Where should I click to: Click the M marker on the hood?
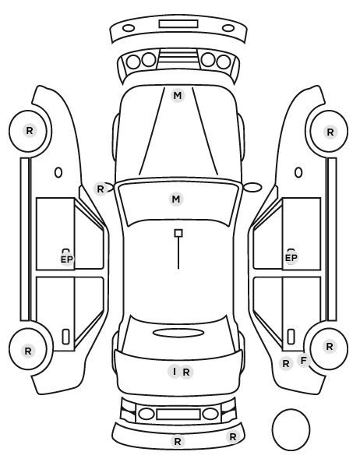point(178,96)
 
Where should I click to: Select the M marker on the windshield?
point(176,199)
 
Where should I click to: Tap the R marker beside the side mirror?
point(101,189)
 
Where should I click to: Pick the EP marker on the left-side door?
point(67,259)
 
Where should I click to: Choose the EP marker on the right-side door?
point(291,258)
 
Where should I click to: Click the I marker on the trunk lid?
point(175,372)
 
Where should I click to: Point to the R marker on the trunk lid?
point(186,372)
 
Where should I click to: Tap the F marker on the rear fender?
point(304,361)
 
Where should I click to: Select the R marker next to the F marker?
point(286,363)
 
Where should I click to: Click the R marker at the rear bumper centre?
point(178,441)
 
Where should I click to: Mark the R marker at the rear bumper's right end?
point(233,437)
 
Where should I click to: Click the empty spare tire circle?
point(272,429)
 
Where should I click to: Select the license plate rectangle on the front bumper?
point(178,24)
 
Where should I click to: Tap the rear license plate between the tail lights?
point(178,415)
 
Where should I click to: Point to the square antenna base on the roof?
point(178,233)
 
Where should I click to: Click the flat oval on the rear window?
point(178,333)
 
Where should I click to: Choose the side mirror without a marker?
point(253,187)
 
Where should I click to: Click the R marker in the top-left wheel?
point(30,130)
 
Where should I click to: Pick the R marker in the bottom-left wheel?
point(28,351)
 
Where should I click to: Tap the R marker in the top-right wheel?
point(330,132)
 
